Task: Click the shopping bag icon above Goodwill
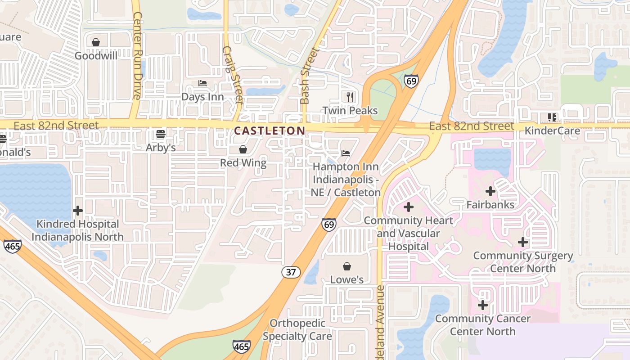(x=96, y=42)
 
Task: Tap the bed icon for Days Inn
(x=202, y=83)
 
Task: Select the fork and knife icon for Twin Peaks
(x=350, y=97)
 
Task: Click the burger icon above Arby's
(x=161, y=134)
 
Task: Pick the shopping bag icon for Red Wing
(x=243, y=149)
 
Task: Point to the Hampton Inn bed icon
(x=346, y=153)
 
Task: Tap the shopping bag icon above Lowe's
(x=347, y=266)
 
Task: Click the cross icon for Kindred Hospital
(x=78, y=210)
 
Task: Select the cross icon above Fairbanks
(x=490, y=191)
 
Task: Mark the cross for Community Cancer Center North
(x=483, y=305)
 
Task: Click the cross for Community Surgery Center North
(x=523, y=242)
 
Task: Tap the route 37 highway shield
(x=291, y=272)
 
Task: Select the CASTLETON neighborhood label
(x=270, y=130)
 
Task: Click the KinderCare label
(x=553, y=130)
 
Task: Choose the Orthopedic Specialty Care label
(x=297, y=329)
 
